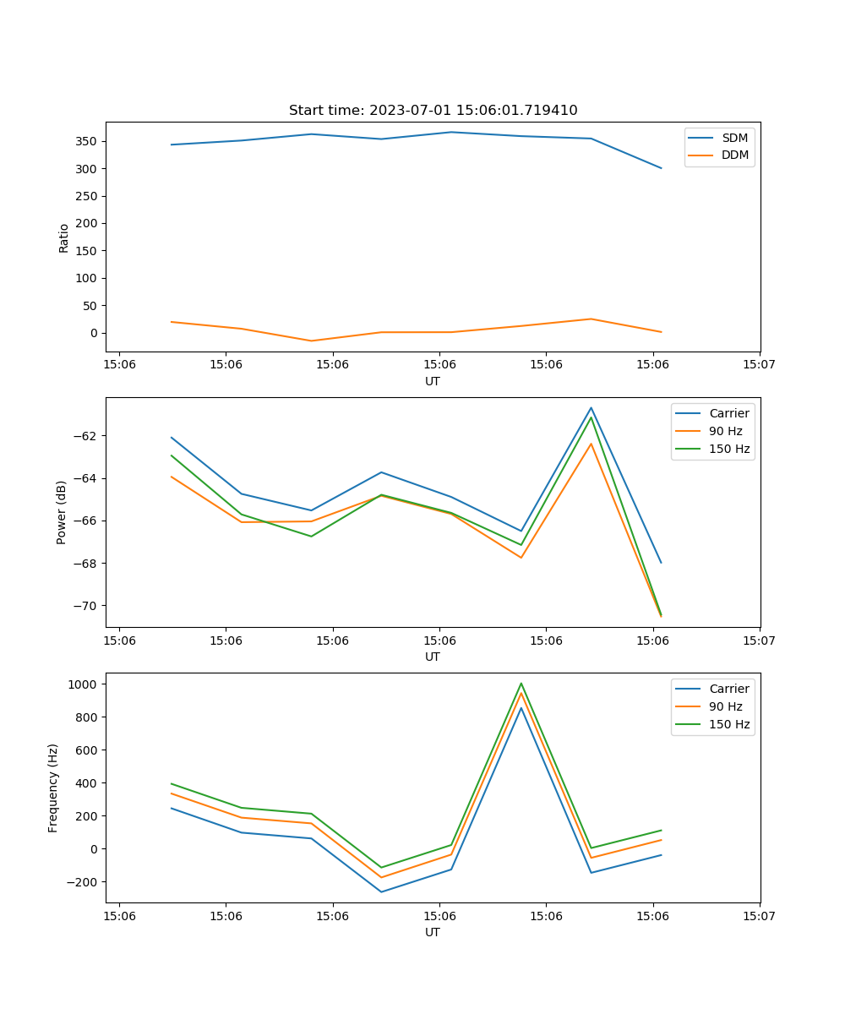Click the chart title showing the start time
(433, 111)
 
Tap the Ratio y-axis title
(64, 238)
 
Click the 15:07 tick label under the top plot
(759, 365)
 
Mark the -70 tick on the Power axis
(85, 606)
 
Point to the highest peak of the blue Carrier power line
(591, 407)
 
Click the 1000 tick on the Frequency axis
(87, 684)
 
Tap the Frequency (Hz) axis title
(53, 788)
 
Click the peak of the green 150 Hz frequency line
(521, 684)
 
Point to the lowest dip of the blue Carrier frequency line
(381, 891)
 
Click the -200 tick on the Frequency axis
(85, 881)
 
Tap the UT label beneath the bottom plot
(433, 932)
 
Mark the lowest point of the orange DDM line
(311, 341)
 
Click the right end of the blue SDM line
(661, 168)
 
